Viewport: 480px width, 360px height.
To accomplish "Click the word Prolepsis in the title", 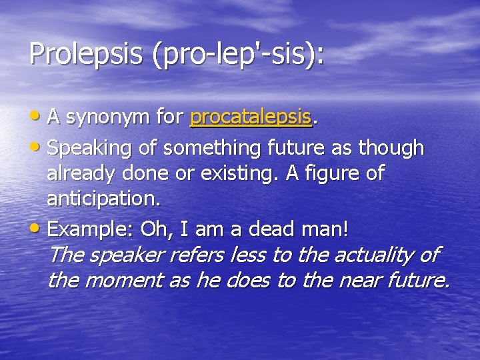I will (x=86, y=54).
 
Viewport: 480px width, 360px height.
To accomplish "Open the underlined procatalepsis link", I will (x=251, y=118).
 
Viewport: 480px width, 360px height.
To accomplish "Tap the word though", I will (x=393, y=147).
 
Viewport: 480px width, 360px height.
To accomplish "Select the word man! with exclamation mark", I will (x=326, y=229).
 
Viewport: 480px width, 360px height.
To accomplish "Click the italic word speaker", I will (x=127, y=255).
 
